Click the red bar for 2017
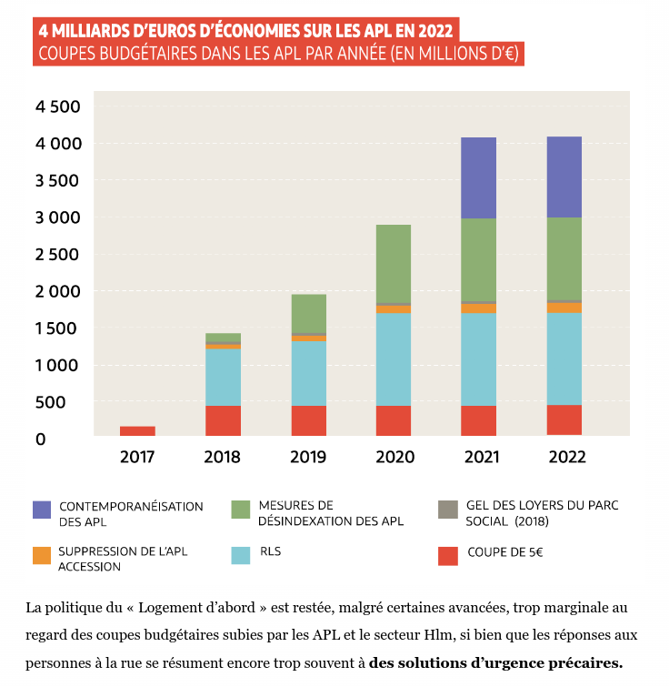[x=137, y=430]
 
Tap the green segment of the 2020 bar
[x=393, y=263]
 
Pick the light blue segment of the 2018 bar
[x=223, y=377]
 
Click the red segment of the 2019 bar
[x=308, y=420]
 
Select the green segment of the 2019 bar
[x=308, y=313]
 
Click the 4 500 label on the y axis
[x=58, y=106]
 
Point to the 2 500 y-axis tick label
[x=58, y=254]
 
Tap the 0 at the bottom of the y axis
[x=39, y=439]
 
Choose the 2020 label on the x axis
[x=394, y=457]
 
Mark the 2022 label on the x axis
[x=566, y=457]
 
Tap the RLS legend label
[x=271, y=551]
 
